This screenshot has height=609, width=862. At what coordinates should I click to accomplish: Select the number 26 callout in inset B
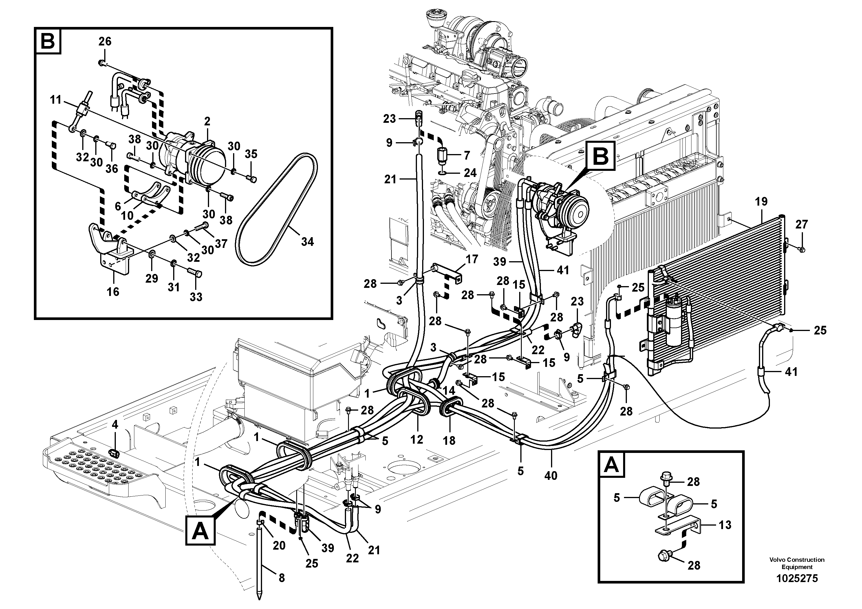click(105, 41)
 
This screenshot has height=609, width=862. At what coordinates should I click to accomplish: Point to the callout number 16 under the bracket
click(113, 291)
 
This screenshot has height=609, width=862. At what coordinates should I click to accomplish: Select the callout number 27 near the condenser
click(801, 224)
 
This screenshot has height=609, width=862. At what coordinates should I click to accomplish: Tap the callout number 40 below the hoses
click(551, 476)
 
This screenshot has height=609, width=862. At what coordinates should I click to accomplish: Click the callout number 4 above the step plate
click(115, 425)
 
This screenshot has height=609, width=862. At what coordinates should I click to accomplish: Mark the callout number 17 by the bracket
click(472, 259)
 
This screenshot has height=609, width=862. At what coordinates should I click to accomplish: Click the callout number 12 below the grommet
click(417, 439)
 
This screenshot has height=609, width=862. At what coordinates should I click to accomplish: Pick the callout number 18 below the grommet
click(449, 440)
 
